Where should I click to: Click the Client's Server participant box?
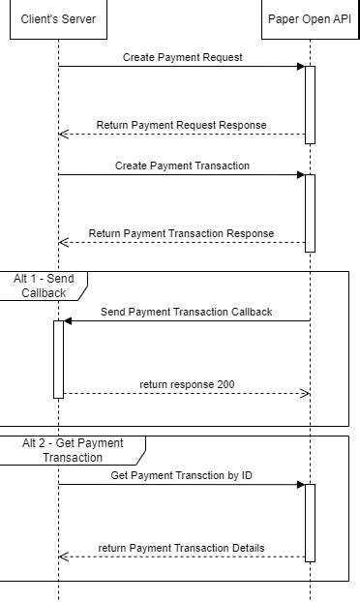[58, 19]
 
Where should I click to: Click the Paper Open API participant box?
[310, 19]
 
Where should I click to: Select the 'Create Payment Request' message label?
[182, 57]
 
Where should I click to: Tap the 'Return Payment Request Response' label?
[181, 125]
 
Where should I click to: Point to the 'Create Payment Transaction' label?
[182, 166]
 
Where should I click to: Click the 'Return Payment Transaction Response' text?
[181, 233]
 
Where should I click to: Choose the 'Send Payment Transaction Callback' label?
[186, 312]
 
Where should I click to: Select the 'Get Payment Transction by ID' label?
[181, 475]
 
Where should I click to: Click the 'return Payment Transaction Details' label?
[181, 549]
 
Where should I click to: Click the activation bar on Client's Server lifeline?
[58, 358]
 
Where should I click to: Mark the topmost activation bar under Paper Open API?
[310, 105]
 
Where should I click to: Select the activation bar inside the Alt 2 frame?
[310, 522]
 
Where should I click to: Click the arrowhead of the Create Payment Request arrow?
[300, 67]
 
